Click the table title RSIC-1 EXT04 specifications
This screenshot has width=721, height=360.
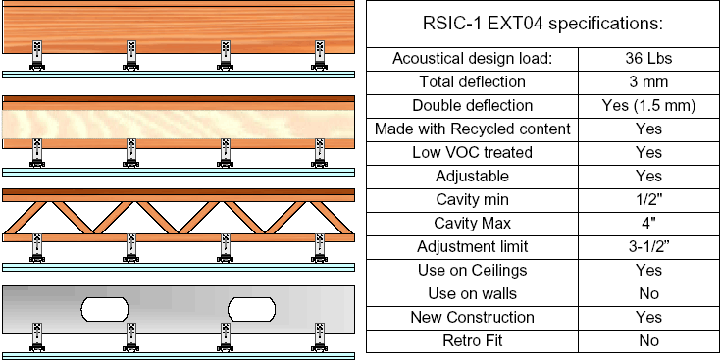pyautogui.click(x=542, y=24)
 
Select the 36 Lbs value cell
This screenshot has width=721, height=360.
pyautogui.click(x=648, y=59)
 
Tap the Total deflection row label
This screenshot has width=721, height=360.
pyautogui.click(x=472, y=81)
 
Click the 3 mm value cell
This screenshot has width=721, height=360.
pyautogui.click(x=648, y=81)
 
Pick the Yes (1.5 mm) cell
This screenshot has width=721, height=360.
pyautogui.click(x=648, y=106)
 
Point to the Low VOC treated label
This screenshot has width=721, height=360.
pyautogui.click(x=472, y=152)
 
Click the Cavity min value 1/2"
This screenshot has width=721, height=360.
pyautogui.click(x=648, y=199)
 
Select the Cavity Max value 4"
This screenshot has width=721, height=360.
pyautogui.click(x=648, y=223)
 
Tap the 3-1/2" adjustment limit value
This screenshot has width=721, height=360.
pyautogui.click(x=648, y=247)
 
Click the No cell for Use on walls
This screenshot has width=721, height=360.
pyautogui.click(x=648, y=294)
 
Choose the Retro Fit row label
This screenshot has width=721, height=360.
pyautogui.click(x=472, y=341)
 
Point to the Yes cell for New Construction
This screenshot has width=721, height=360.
pyautogui.click(x=648, y=317)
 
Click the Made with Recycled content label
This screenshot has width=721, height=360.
pyautogui.click(x=472, y=129)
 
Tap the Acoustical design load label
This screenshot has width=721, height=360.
pyautogui.click(x=472, y=59)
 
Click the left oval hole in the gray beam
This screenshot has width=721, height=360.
pyautogui.click(x=104, y=309)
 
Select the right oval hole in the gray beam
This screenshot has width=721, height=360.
pyautogui.click(x=251, y=309)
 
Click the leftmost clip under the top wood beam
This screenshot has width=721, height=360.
pyautogui.click(x=37, y=55)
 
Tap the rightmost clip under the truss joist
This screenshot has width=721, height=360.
pyautogui.click(x=319, y=248)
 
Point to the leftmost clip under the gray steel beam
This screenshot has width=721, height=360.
pyautogui.click(x=37, y=337)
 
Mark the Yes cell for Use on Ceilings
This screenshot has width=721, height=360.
pyautogui.click(x=648, y=271)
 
